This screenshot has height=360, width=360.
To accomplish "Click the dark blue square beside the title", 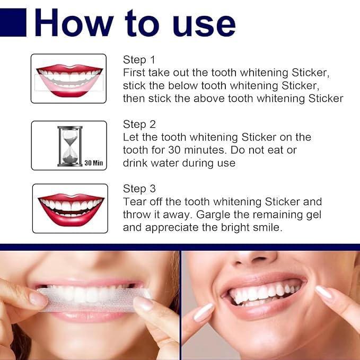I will pyautogui.click(x=13, y=24).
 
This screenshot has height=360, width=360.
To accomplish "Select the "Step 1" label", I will pyautogui.click(x=139, y=59).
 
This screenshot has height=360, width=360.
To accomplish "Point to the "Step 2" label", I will pyautogui.click(x=139, y=125).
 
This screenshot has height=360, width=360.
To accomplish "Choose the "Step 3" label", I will pyautogui.click(x=139, y=189).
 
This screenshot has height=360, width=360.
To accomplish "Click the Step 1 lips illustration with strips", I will pyautogui.click(x=68, y=78).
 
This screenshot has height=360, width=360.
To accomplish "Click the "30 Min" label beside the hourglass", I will pyautogui.click(x=93, y=163).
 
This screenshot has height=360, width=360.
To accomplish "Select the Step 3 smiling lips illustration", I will pyautogui.click(x=70, y=208).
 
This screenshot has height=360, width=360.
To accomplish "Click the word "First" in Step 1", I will pyautogui.click(x=135, y=73).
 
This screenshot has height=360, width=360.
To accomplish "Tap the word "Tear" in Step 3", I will pyautogui.click(x=134, y=202).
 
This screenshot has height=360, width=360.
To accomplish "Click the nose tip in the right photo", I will pyautogui.click(x=253, y=258).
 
